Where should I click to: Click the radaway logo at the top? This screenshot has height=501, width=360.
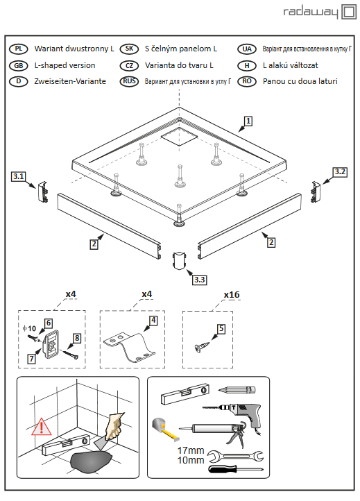pyautogui.click(x=320, y=12)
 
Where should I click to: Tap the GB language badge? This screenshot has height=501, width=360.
pyautogui.click(x=19, y=65)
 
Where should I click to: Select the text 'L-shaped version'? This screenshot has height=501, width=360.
pyautogui.click(x=65, y=65)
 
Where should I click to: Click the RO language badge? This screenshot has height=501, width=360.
pyautogui.click(x=247, y=81)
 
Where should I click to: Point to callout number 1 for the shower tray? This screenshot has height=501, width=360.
pyautogui.click(x=248, y=121)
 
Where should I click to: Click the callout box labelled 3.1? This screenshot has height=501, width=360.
pyautogui.click(x=19, y=176)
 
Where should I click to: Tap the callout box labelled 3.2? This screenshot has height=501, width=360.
pyautogui.click(x=340, y=172)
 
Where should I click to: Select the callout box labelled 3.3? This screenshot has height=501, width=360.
pyautogui.click(x=199, y=280)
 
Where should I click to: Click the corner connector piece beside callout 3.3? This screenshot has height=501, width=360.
pyautogui.click(x=179, y=261)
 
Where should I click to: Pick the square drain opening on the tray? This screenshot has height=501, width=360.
pyautogui.click(x=179, y=137)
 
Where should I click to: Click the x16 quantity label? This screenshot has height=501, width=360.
pyautogui.click(x=232, y=295)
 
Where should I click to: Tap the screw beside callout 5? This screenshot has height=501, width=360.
pyautogui.click(x=202, y=347)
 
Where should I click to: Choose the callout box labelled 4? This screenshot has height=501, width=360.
pyautogui.click(x=153, y=320)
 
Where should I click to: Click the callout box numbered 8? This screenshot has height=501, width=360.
pyautogui.click(x=77, y=338)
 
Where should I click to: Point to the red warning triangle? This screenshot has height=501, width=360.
pyautogui.click(x=42, y=427)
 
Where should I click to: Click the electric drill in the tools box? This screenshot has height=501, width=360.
pyautogui.click(x=237, y=413)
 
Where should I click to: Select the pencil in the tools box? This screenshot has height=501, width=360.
pyautogui.click(x=237, y=390)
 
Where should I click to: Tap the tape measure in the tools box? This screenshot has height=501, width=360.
pyautogui.click(x=164, y=428)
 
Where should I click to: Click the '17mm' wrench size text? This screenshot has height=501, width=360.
pyautogui.click(x=191, y=450)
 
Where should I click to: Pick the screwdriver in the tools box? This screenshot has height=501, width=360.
pyautogui.click(x=236, y=469)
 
